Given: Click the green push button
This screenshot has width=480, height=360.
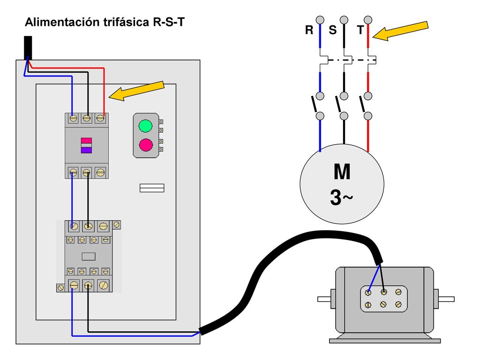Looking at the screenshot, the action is point(145,126).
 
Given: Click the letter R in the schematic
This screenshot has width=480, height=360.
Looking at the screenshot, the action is point(309,30).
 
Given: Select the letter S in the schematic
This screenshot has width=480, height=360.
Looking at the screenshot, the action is point(332,30).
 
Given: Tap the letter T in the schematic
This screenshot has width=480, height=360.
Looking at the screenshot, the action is point(360,30).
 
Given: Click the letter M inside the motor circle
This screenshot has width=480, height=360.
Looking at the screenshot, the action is point(342,172).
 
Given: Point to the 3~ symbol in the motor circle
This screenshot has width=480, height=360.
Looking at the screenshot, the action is point(341,197).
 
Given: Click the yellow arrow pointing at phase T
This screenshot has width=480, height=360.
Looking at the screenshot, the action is point(400,30).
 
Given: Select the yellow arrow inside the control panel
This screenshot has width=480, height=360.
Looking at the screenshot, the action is point(136,90).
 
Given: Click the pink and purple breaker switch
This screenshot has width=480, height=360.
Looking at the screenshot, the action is point(86,145).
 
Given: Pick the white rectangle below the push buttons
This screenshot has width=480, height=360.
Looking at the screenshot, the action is point(152,188).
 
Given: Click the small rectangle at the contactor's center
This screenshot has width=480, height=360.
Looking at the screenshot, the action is point(89,256).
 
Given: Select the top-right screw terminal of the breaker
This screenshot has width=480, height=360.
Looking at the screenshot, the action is point(100,118).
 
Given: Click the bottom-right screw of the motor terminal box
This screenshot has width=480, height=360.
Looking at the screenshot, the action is point(398,304).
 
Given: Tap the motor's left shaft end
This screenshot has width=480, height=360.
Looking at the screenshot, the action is point(324,299).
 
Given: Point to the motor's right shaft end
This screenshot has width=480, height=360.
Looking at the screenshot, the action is point(446,299).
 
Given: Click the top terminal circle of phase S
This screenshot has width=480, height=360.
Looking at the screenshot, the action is point(344,20).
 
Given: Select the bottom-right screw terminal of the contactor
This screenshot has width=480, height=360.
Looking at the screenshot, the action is point(104,285).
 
